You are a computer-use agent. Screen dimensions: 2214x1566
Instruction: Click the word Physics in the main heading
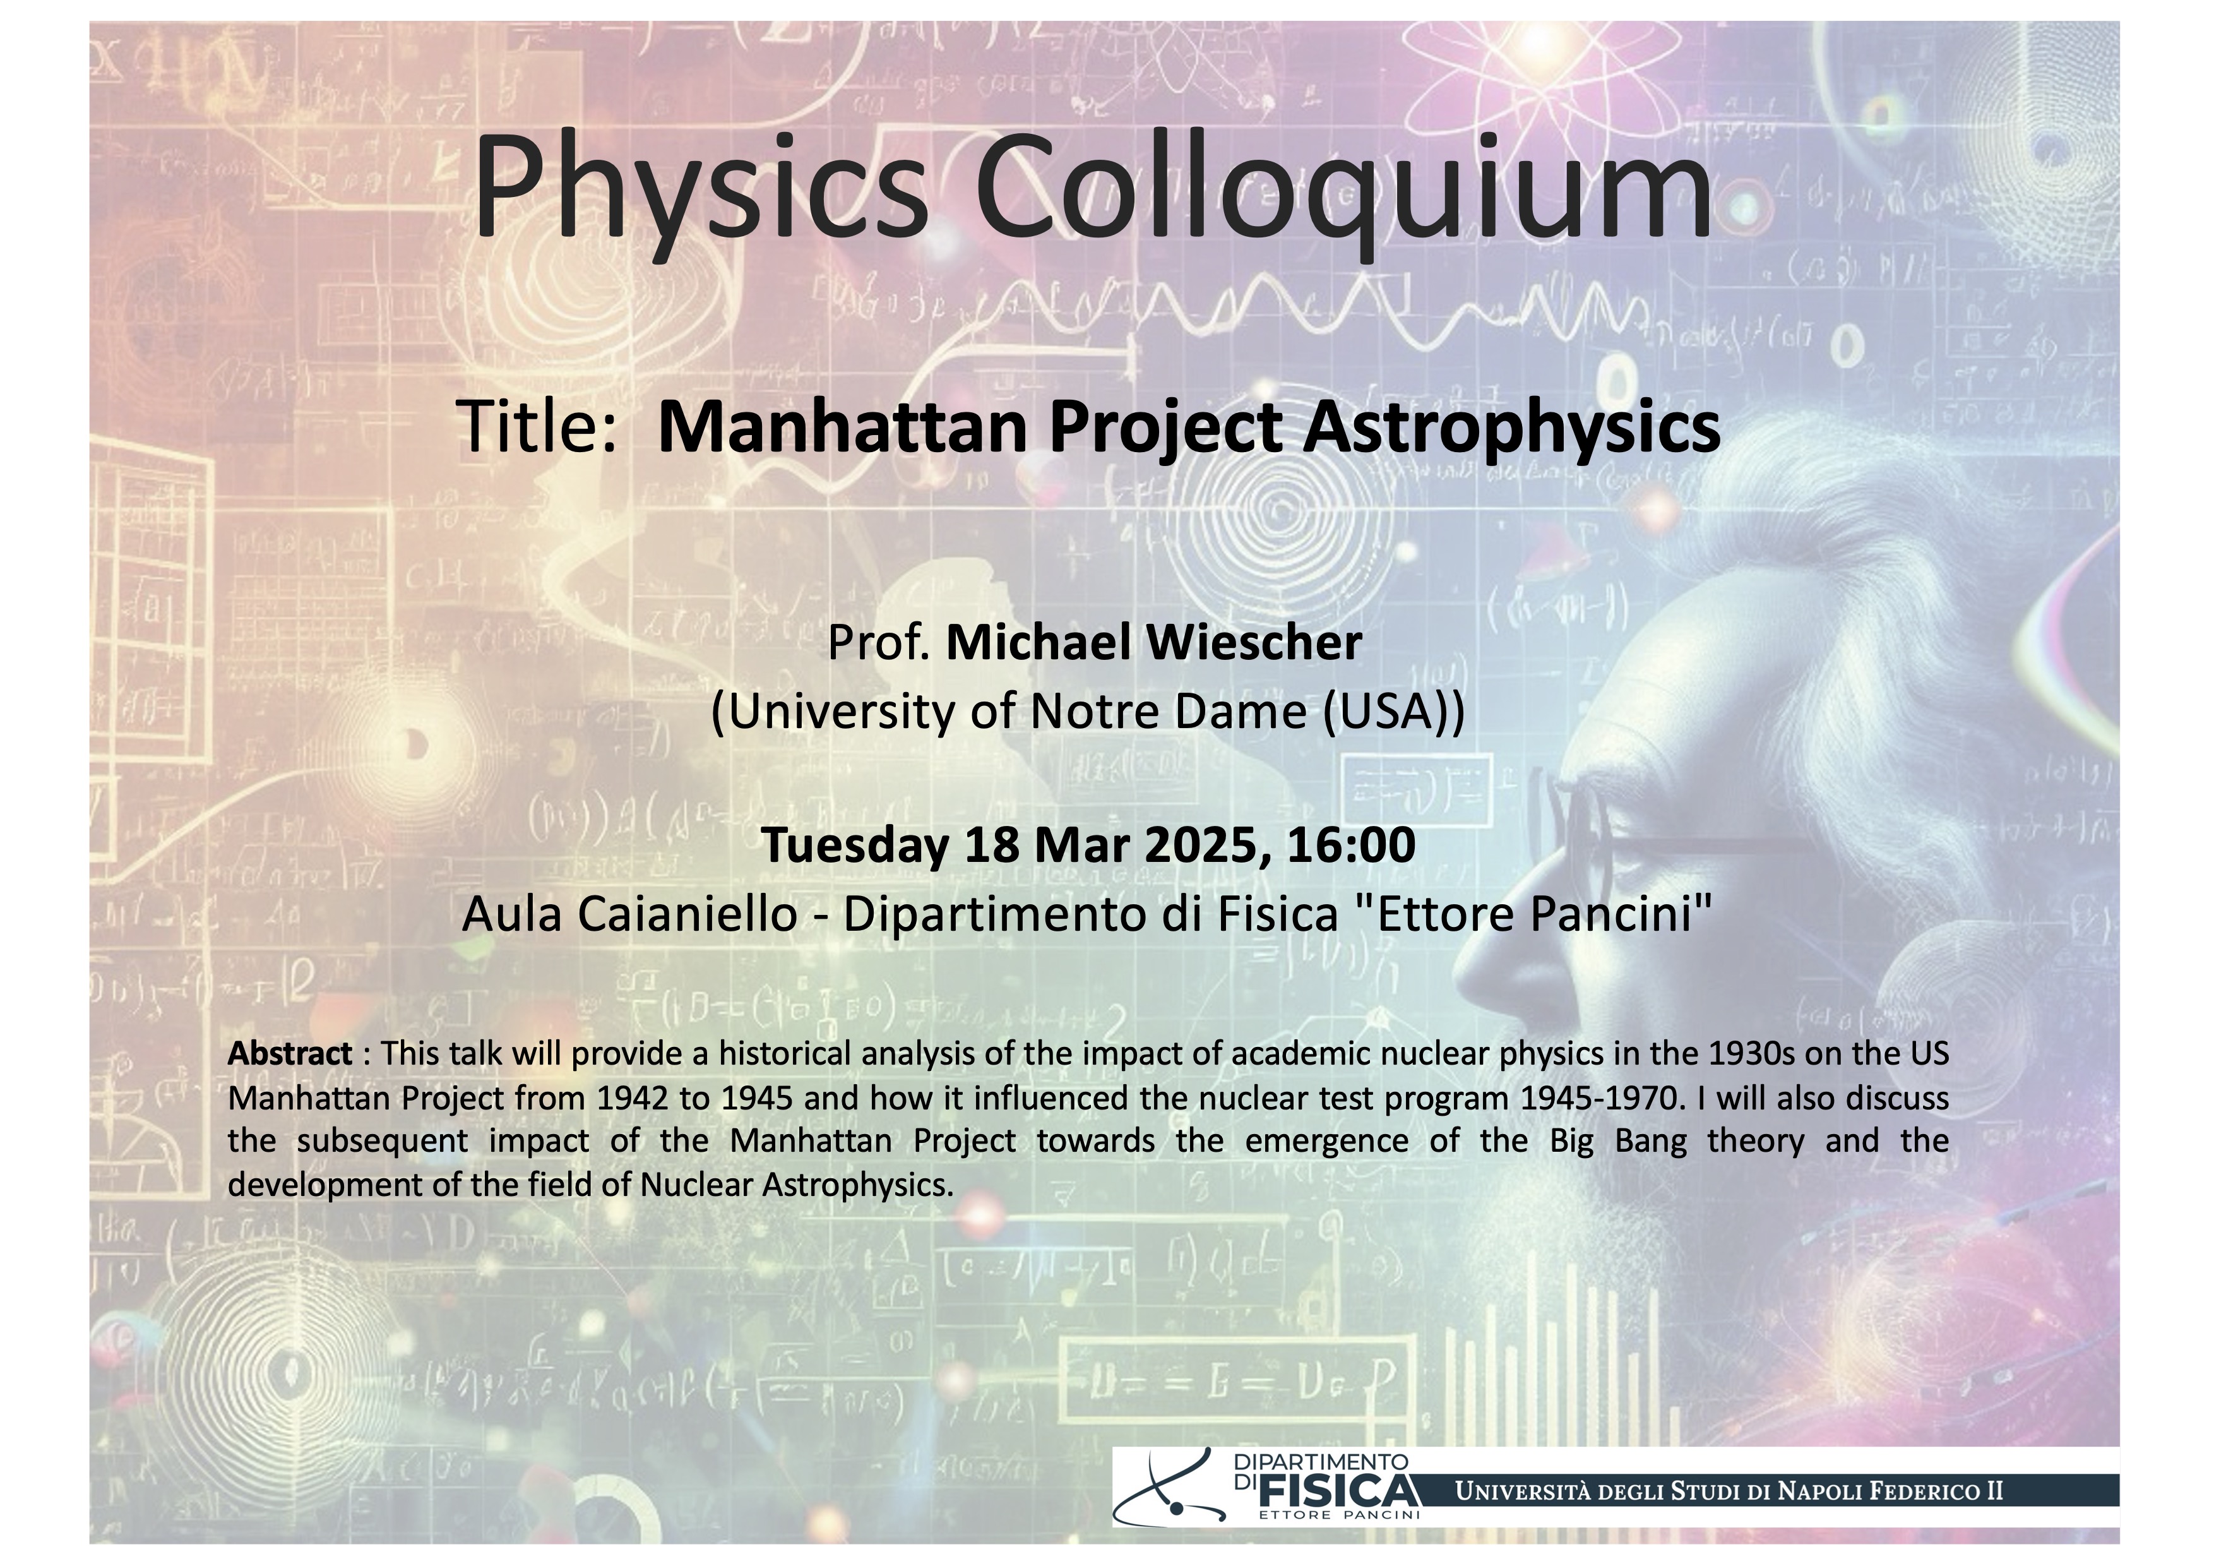click(x=701, y=188)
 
